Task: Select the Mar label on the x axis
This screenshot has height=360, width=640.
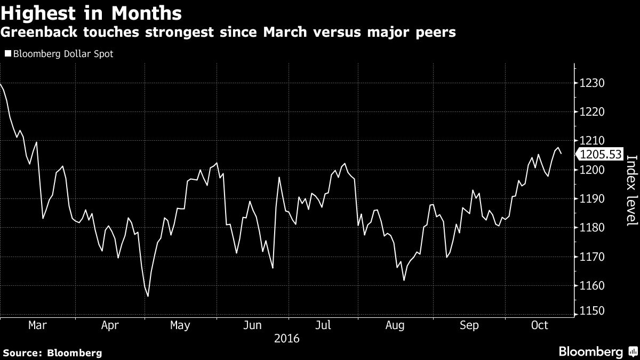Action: pos(37,325)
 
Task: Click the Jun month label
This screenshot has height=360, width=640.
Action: pos(252,325)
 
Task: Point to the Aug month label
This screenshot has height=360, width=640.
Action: pos(395,325)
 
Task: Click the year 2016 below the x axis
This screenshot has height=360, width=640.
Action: pos(286,339)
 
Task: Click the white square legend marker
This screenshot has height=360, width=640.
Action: pos(7,54)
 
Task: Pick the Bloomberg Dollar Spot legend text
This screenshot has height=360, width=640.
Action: pos(63,54)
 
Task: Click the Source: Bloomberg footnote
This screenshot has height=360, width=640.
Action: pos(52,353)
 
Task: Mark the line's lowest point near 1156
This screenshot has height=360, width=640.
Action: pos(148,296)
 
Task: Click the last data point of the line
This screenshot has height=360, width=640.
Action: pos(561,153)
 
